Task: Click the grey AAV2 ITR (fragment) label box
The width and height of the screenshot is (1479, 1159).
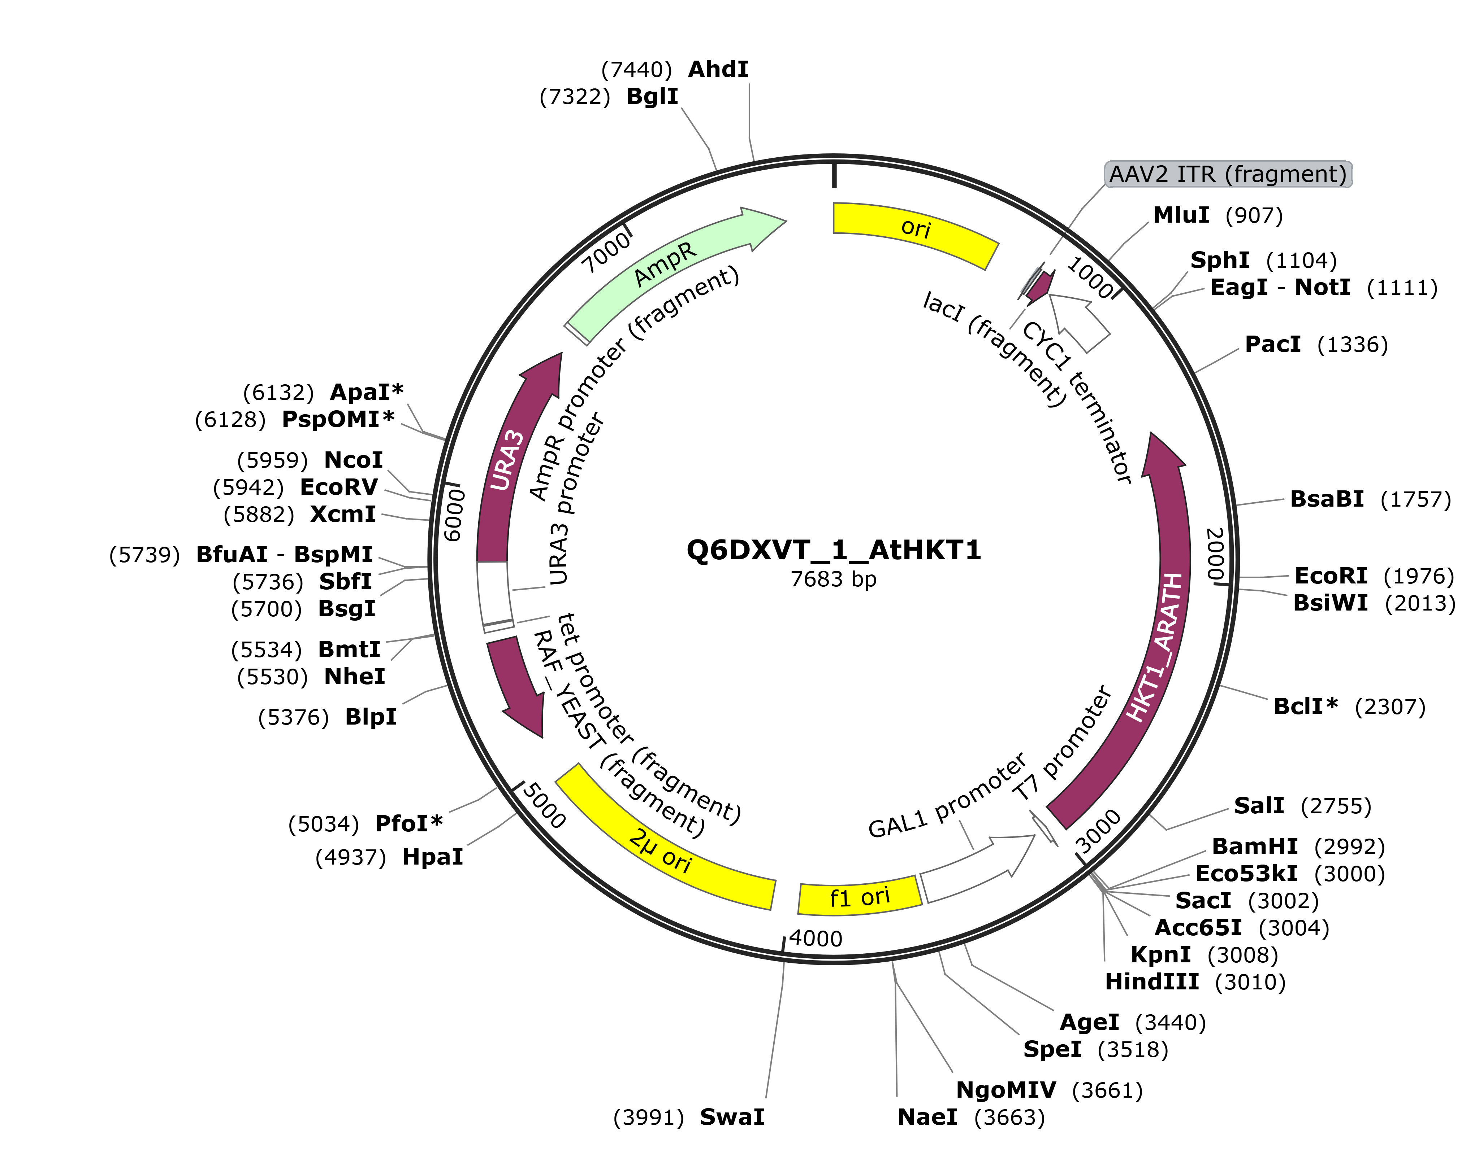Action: (x=1228, y=174)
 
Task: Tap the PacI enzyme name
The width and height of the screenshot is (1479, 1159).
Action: (x=1272, y=345)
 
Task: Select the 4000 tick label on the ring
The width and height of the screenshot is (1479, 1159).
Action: (x=816, y=939)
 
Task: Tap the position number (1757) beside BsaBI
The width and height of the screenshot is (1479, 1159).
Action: (x=1416, y=499)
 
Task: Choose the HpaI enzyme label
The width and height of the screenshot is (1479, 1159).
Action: (x=433, y=857)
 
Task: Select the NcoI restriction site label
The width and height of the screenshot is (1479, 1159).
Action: (x=353, y=460)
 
